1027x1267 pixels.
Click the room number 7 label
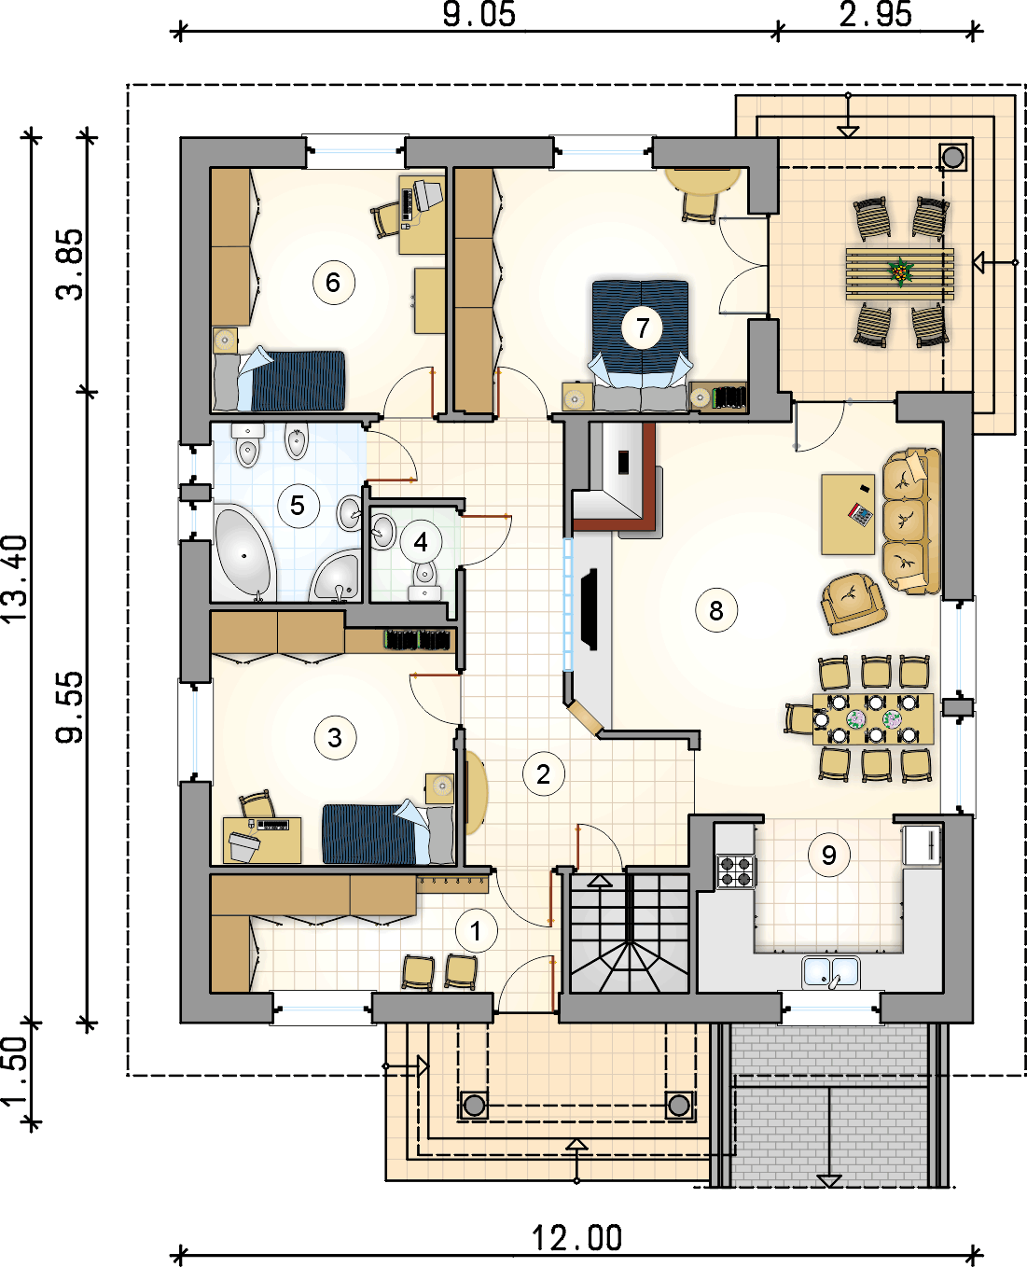click(643, 327)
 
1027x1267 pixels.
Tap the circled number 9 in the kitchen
click(829, 856)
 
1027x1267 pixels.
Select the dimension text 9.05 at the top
click(479, 14)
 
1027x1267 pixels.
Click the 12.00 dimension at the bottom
click(576, 1238)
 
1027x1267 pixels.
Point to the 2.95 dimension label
click(875, 14)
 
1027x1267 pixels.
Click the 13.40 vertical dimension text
click(16, 578)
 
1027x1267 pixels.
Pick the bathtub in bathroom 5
click(243, 552)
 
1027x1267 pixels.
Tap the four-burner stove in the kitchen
click(736, 870)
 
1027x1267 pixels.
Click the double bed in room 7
click(641, 346)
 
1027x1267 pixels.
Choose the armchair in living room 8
click(854, 603)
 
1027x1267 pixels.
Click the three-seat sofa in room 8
click(911, 522)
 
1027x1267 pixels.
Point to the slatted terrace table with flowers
click(900, 274)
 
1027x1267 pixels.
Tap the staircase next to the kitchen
click(630, 933)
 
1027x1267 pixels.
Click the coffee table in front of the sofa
click(848, 514)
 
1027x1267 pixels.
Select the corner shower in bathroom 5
click(335, 575)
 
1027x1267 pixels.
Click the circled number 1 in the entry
click(477, 931)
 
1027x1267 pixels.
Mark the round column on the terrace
click(952, 158)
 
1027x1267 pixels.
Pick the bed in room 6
click(279, 380)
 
